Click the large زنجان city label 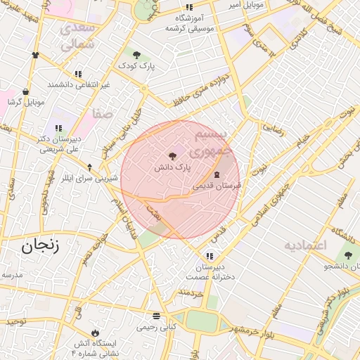click(39, 245)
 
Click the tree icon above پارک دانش click(172, 156)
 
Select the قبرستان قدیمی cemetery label click(217, 186)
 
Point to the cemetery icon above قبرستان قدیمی click(216, 174)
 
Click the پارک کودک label click(136, 65)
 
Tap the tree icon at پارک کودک click(136, 54)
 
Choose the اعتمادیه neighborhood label click(306, 245)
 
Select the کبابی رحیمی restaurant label click(155, 327)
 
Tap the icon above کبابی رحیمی click(155, 315)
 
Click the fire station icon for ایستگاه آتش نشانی click(95, 332)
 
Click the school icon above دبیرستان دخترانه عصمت click(209, 255)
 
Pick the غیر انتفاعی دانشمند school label click(79, 84)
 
